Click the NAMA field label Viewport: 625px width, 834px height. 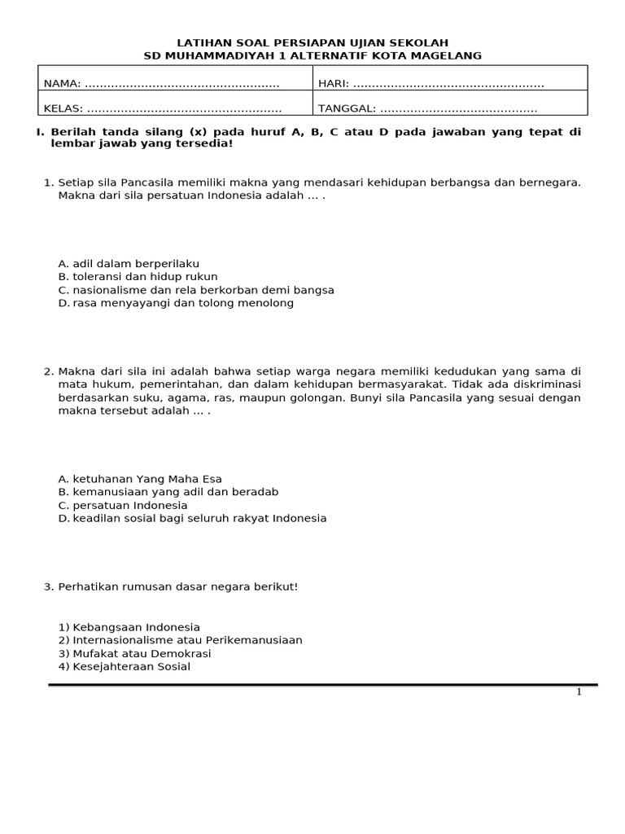tap(62, 84)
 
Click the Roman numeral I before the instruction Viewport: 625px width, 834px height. tap(41, 131)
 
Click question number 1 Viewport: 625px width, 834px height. tap(48, 182)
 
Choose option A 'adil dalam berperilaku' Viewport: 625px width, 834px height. tap(129, 264)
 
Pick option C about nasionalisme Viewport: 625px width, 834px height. tap(196, 290)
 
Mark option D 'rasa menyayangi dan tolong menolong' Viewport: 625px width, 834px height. tap(176, 303)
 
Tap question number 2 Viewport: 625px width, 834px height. tap(48, 371)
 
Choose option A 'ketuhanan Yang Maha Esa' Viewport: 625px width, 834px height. tap(140, 479)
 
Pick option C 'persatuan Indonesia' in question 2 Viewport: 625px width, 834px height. tap(123, 505)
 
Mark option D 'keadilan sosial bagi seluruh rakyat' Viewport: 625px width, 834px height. tap(192, 518)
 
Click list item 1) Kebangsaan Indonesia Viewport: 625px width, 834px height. tap(129, 627)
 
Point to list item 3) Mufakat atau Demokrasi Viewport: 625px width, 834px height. tap(134, 653)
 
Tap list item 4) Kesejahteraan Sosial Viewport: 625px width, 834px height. tap(124, 666)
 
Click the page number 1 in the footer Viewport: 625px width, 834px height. tap(579, 692)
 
